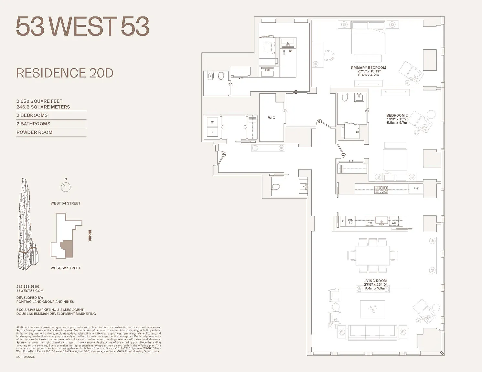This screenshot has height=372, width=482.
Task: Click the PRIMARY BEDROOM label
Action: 368,68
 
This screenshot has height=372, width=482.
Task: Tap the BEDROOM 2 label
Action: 397,115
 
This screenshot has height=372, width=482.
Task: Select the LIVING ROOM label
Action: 375,281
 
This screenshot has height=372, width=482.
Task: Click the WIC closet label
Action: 272,118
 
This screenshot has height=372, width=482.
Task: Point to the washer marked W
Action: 212,122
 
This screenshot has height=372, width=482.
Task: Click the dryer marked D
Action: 212,132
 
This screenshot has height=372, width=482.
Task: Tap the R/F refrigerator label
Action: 416,189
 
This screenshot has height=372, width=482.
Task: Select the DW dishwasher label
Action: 370,223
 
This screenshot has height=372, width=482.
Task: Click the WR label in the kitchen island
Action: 393,223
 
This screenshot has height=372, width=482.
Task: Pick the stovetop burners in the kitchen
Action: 381,190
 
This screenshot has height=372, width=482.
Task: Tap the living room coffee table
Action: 372,309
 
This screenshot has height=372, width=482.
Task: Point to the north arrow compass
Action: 66,187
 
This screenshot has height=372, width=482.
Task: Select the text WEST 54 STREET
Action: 65,203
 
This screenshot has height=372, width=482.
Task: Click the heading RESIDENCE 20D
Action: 65,73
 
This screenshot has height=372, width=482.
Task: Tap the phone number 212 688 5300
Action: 28,286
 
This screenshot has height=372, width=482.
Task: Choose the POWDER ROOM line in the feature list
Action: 34,132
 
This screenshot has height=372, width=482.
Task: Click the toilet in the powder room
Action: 276,187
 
